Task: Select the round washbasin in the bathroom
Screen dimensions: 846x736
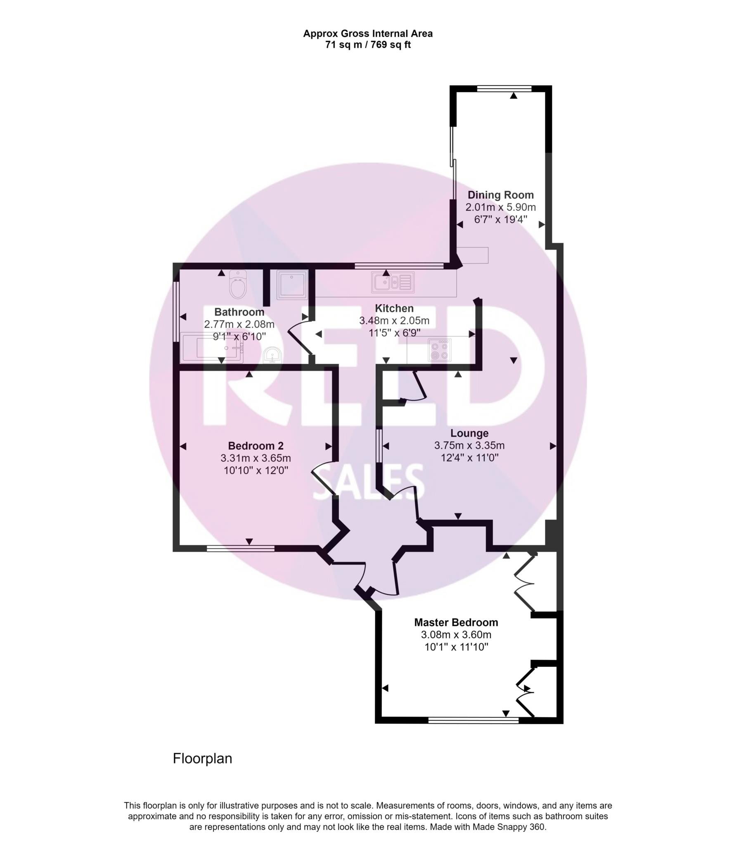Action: tap(272, 355)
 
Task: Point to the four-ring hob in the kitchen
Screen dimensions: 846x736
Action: tap(439, 350)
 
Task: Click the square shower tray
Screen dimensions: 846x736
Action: tap(292, 284)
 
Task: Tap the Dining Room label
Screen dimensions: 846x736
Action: tap(500, 195)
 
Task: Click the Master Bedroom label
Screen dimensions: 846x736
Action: tap(456, 622)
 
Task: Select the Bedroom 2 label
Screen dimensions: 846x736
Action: tap(256, 446)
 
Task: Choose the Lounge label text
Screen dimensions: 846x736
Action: tap(469, 433)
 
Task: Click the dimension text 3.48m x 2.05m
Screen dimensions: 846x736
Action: tap(394, 321)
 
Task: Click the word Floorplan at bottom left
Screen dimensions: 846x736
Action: tap(202, 758)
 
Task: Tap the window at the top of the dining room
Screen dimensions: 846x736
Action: tap(504, 88)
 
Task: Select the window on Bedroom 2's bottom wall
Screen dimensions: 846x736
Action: tap(241, 549)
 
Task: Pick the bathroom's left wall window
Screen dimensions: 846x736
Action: tap(176, 311)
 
